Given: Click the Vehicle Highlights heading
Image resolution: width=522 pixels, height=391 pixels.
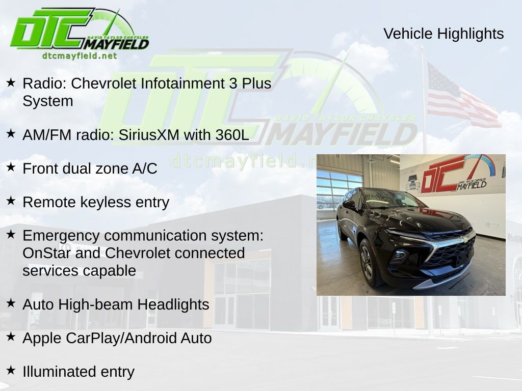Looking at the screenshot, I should (x=443, y=34).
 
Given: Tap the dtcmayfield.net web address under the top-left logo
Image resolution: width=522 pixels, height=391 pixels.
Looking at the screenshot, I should (x=80, y=56).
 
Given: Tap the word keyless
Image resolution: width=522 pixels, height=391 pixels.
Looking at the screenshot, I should (x=106, y=202).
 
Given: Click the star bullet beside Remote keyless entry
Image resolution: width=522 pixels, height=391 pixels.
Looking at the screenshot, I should (x=11, y=201).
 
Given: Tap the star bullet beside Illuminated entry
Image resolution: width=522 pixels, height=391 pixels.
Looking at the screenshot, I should (x=11, y=371).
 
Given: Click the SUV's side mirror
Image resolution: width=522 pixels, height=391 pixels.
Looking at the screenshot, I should (x=349, y=205).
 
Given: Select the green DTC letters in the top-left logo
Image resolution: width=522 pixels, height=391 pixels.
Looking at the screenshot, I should (x=51, y=30).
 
